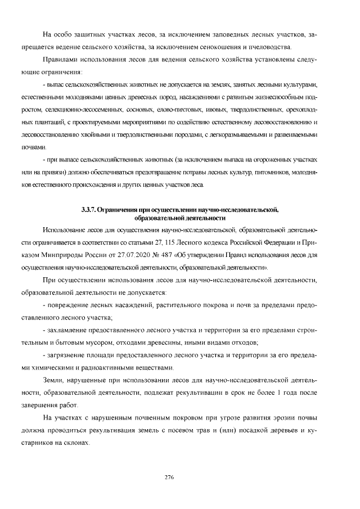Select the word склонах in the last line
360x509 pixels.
77,442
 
